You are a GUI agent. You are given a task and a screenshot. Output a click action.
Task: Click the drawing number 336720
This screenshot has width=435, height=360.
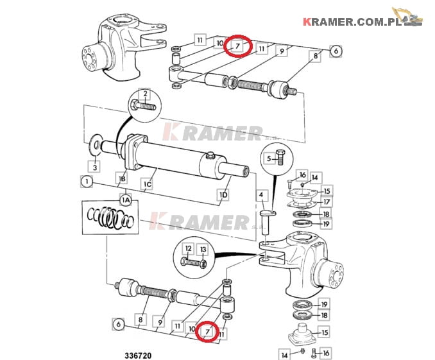(x=138, y=356)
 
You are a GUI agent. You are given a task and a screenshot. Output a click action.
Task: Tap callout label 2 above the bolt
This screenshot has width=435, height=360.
(x=145, y=94)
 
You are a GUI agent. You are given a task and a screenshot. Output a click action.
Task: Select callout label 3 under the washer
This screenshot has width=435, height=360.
(x=95, y=167)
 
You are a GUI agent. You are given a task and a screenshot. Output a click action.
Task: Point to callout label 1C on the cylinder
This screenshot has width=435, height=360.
(x=148, y=184)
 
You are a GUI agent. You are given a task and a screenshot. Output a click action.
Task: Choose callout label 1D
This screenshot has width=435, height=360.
(x=224, y=194)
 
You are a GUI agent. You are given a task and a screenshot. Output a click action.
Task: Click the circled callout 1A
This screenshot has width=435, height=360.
(x=126, y=200)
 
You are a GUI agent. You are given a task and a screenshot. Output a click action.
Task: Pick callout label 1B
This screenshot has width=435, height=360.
(x=122, y=178)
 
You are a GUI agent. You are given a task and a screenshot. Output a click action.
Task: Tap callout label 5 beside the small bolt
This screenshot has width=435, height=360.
(x=269, y=159)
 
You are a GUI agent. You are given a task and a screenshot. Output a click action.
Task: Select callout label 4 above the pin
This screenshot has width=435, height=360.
(x=261, y=195)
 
